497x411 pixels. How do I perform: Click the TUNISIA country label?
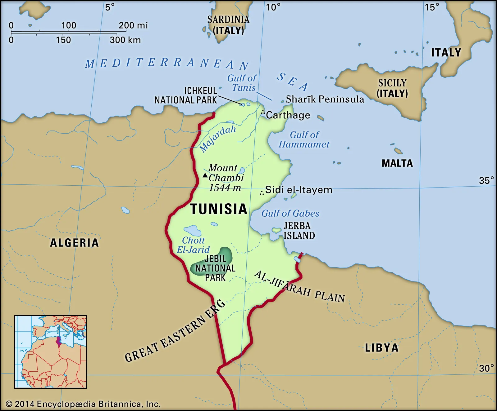point(218,209)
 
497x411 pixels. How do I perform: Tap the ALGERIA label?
point(75,243)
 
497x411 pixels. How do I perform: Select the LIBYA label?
point(381,348)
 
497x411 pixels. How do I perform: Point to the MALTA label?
point(397,163)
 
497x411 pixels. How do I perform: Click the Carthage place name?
point(288,115)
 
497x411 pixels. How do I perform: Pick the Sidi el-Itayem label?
point(299,190)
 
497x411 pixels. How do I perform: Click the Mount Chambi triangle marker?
point(205,175)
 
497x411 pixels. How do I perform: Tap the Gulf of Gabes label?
point(290,213)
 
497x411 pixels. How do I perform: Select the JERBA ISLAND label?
point(299,231)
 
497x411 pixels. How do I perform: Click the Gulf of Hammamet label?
point(304,139)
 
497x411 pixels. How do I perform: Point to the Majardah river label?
point(217,138)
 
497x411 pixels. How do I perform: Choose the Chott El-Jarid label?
point(193,245)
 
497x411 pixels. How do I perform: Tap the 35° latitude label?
point(486,180)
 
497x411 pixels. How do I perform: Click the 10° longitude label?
point(273,7)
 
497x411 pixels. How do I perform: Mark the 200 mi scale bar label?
point(133,25)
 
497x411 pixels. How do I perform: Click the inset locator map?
point(51,351)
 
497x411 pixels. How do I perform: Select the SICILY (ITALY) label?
point(392,88)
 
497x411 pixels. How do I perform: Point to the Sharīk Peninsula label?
point(325,99)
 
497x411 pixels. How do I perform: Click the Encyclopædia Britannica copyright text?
point(83,404)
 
